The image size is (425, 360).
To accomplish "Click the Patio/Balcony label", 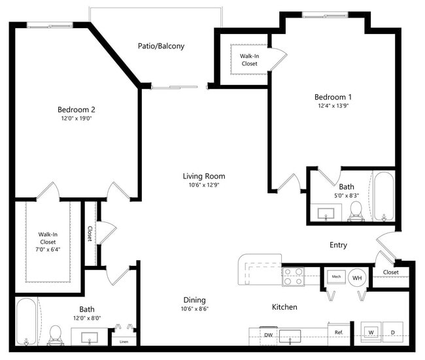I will [x=161, y=46].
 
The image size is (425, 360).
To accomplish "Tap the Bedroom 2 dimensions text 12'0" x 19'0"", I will [x=76, y=118].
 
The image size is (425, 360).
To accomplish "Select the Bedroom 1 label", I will [x=333, y=97].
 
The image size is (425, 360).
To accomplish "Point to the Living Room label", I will [x=203, y=176].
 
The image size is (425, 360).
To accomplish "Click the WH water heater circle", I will [x=357, y=277].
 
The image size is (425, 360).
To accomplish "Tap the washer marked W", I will [x=371, y=332].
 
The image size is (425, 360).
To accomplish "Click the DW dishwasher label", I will [x=268, y=335].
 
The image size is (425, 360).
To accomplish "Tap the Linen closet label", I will [x=124, y=340].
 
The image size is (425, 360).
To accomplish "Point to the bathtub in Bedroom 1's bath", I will [x=382, y=195].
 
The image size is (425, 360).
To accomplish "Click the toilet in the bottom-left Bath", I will [x=56, y=334].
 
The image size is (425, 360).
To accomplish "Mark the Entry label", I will [x=338, y=245].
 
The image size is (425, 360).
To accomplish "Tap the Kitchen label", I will [x=284, y=306].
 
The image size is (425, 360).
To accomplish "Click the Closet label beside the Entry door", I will [x=390, y=272].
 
